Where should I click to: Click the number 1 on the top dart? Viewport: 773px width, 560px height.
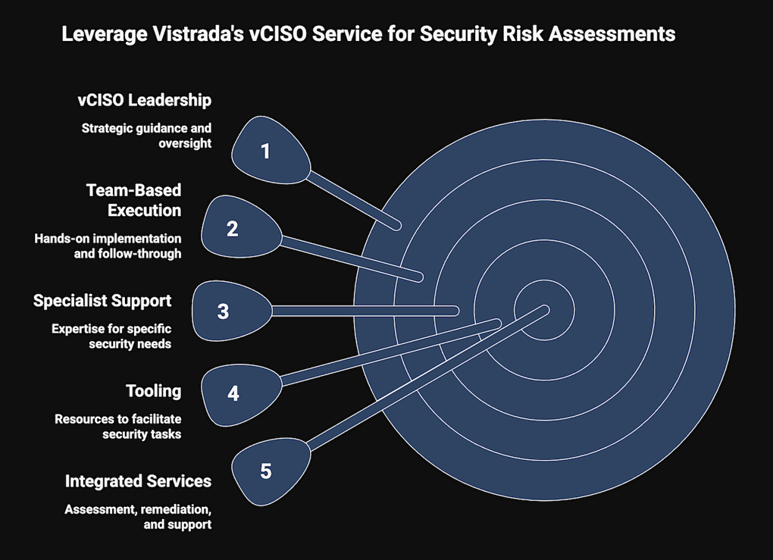coord(266,152)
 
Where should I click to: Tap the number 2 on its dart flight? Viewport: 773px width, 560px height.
coord(232,229)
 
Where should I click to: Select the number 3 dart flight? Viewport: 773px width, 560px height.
coord(232,311)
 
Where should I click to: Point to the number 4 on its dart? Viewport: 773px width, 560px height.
coord(233,393)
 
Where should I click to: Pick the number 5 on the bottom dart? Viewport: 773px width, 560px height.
coord(266,471)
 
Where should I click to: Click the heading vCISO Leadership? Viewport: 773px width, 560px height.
coord(145,100)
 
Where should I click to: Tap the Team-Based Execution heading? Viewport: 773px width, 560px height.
coord(133,200)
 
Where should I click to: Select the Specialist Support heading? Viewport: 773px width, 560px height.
coord(102,301)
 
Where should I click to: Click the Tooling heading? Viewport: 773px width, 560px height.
coord(153,391)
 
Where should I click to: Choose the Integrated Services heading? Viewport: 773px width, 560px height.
coord(138,481)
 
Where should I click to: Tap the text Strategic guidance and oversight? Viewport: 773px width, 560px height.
coord(146,136)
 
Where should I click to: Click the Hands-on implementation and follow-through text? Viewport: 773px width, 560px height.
coord(108,246)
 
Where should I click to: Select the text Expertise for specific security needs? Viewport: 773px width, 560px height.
coord(111,336)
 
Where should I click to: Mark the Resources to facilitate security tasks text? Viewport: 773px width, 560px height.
coord(117,427)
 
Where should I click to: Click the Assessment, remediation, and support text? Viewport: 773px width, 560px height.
coord(138,517)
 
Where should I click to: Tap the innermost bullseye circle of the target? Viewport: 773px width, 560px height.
coord(544,310)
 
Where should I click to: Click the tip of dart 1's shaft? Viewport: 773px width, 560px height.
coord(397,227)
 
